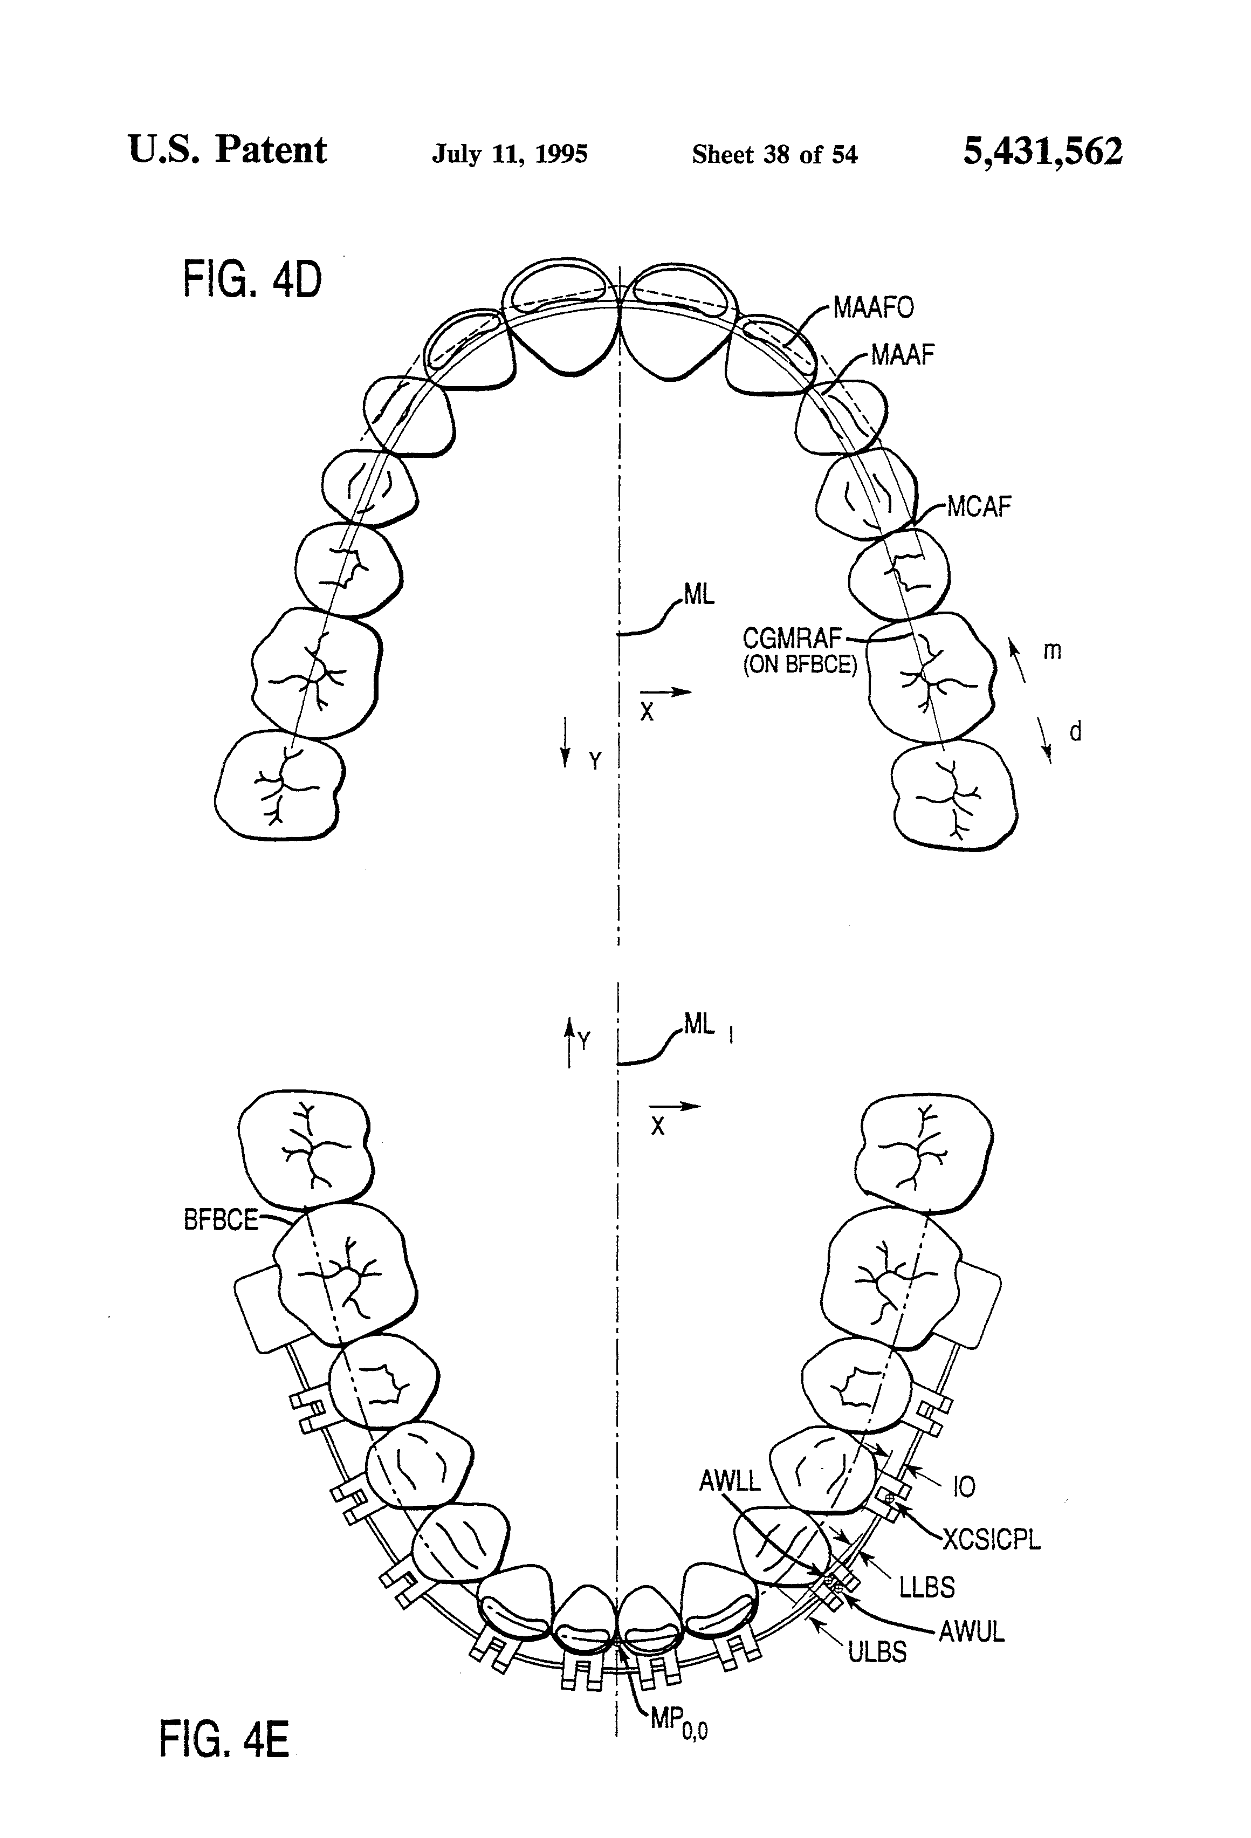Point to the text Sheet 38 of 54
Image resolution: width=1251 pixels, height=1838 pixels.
[774, 154]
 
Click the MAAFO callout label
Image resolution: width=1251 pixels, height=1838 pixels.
[873, 307]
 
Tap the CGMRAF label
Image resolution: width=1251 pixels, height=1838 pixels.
[792, 638]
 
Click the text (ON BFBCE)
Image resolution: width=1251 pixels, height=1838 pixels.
[800, 665]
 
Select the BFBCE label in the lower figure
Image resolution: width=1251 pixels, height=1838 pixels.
[221, 1220]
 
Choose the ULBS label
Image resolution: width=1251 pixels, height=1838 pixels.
[877, 1651]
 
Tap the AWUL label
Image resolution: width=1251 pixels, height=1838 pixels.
[971, 1631]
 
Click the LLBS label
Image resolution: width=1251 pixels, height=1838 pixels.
[926, 1587]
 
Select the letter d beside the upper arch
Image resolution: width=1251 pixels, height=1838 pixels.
[1075, 731]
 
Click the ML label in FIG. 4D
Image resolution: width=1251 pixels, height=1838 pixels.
[699, 595]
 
